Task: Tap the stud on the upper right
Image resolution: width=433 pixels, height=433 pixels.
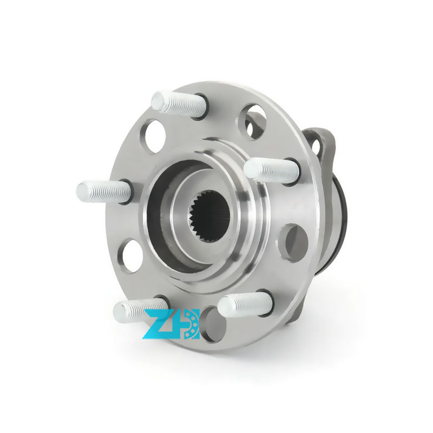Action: [271, 170]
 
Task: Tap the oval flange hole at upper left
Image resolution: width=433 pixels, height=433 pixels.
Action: [155, 135]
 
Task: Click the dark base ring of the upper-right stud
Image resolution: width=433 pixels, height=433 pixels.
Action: [292, 171]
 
